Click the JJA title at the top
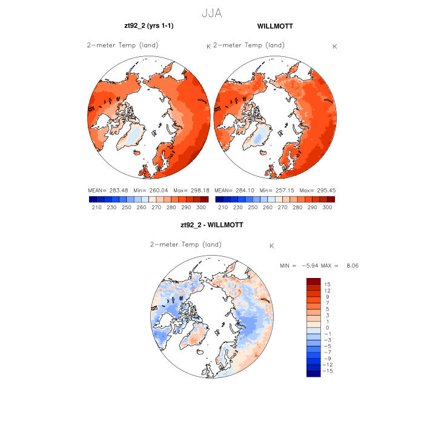211,13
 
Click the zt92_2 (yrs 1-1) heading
149,27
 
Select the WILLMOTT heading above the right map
274,27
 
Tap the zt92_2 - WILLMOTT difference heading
211,225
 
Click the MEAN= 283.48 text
107,190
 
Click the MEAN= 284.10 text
233,190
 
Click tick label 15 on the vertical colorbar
326,284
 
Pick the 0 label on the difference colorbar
326,327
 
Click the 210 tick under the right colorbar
223,207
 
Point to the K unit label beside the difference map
272,246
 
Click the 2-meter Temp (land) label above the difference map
185,245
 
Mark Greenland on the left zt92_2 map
134,134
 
